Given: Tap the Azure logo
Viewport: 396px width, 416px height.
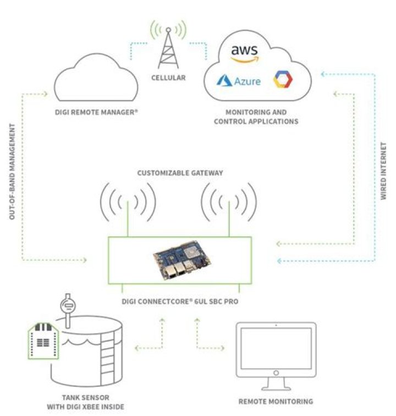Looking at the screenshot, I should (238, 81).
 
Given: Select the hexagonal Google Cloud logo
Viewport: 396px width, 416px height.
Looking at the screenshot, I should (284, 80).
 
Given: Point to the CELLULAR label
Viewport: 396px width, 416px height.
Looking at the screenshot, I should (168, 78).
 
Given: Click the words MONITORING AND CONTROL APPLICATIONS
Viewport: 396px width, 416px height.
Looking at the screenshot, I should (257, 117).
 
